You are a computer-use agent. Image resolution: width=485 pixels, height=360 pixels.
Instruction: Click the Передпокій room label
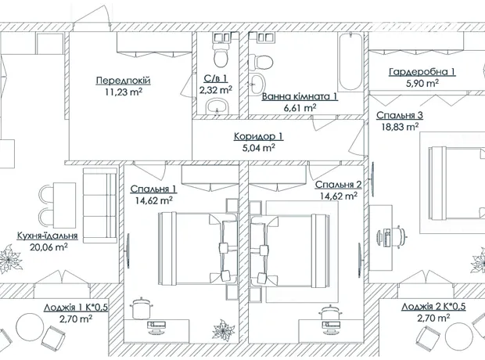(x=123, y=81)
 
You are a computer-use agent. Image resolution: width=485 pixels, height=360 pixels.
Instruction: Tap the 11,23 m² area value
(x=124, y=92)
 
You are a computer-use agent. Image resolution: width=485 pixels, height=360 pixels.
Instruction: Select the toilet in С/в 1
(x=221, y=55)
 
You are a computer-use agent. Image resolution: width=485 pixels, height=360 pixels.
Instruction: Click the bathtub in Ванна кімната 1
(x=350, y=62)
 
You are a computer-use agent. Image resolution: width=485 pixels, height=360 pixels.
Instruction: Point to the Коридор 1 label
(x=258, y=136)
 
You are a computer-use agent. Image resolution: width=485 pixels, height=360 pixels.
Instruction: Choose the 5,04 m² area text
(x=259, y=148)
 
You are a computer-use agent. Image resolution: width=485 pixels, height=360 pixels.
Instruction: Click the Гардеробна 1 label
(x=422, y=72)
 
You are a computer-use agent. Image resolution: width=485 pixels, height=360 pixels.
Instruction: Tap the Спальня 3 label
(x=400, y=115)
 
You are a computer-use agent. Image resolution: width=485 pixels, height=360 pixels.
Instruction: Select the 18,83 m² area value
(x=400, y=127)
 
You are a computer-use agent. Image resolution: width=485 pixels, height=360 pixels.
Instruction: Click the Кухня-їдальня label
(x=47, y=236)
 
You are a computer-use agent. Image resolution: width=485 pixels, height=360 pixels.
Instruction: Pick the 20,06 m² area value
(x=48, y=247)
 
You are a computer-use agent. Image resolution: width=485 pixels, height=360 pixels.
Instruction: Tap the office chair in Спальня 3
(x=400, y=237)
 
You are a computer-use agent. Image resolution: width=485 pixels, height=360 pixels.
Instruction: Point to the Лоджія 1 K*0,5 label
(x=75, y=308)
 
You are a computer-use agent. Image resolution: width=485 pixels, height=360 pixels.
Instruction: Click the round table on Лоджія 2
(x=459, y=336)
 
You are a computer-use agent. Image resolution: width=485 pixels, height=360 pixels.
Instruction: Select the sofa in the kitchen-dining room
(x=100, y=206)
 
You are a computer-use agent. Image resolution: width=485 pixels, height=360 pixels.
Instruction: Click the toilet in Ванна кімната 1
(x=260, y=63)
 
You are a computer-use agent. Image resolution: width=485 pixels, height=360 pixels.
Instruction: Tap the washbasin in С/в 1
(x=217, y=106)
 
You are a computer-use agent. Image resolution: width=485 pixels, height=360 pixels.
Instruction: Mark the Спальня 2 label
(x=339, y=185)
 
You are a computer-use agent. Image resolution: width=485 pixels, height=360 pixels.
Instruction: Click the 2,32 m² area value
(x=216, y=90)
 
